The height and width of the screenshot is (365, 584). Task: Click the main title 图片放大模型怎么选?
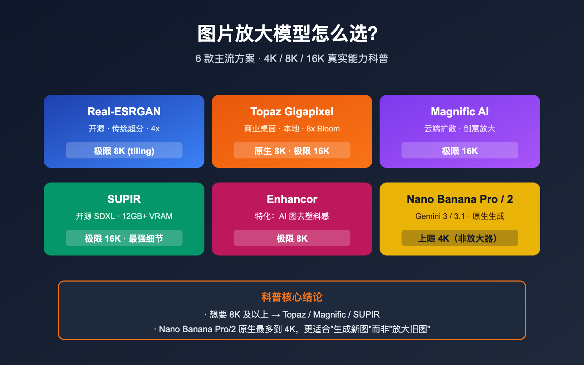tap(288, 34)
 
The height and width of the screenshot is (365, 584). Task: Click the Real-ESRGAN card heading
tap(124, 112)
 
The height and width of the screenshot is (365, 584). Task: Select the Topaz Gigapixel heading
tap(292, 112)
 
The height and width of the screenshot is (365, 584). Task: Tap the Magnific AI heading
tap(460, 112)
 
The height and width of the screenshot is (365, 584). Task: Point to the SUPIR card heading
tap(124, 199)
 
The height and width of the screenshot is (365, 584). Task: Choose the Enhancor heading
tap(292, 199)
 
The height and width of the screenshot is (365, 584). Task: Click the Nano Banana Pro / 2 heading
tap(460, 199)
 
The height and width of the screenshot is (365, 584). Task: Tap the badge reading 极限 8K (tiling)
tap(124, 151)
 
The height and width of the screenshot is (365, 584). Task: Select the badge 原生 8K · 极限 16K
tap(292, 151)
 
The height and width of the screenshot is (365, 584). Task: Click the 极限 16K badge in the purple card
tap(460, 151)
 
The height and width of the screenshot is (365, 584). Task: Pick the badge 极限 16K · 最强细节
tap(124, 238)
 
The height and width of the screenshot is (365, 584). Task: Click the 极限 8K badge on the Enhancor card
tap(292, 238)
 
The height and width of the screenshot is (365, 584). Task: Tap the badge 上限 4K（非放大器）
tap(460, 238)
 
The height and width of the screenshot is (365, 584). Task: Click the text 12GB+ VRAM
tap(147, 216)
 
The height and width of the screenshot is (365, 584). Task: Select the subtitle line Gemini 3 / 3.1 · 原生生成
tap(460, 216)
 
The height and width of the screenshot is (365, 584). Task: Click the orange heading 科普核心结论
tap(292, 297)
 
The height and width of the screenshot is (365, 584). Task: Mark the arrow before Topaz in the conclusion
tap(276, 315)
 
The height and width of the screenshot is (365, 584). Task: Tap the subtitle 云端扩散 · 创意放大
tap(460, 129)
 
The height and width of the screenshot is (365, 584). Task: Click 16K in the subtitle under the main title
tap(315, 59)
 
